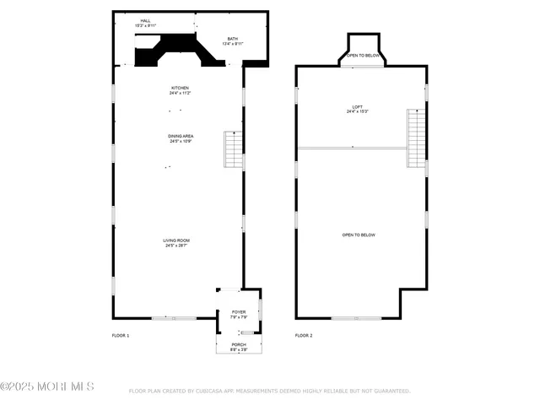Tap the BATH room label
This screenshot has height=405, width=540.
click(x=233, y=40)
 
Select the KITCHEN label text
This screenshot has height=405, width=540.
click(x=180, y=87)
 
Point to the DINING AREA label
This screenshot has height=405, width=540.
click(x=180, y=135)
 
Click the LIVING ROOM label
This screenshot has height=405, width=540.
click(x=175, y=240)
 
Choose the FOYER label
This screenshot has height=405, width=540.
click(x=239, y=312)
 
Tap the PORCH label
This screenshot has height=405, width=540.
click(x=239, y=344)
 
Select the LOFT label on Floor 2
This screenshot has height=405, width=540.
click(x=358, y=106)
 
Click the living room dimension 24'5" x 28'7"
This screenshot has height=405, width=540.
click(x=175, y=246)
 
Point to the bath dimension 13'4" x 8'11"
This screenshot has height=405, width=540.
click(x=233, y=45)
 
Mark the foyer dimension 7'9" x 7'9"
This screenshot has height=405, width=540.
click(x=239, y=317)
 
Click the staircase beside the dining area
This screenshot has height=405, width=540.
click(x=232, y=149)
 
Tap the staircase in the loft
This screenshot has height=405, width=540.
click(x=416, y=138)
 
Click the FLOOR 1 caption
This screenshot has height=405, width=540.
click(x=121, y=336)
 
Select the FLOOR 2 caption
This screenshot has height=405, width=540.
click(x=304, y=336)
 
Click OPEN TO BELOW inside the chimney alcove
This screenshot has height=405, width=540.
click(x=363, y=56)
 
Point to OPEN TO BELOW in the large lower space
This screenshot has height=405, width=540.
click(x=358, y=235)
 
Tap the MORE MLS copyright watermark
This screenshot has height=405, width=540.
click(x=47, y=386)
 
